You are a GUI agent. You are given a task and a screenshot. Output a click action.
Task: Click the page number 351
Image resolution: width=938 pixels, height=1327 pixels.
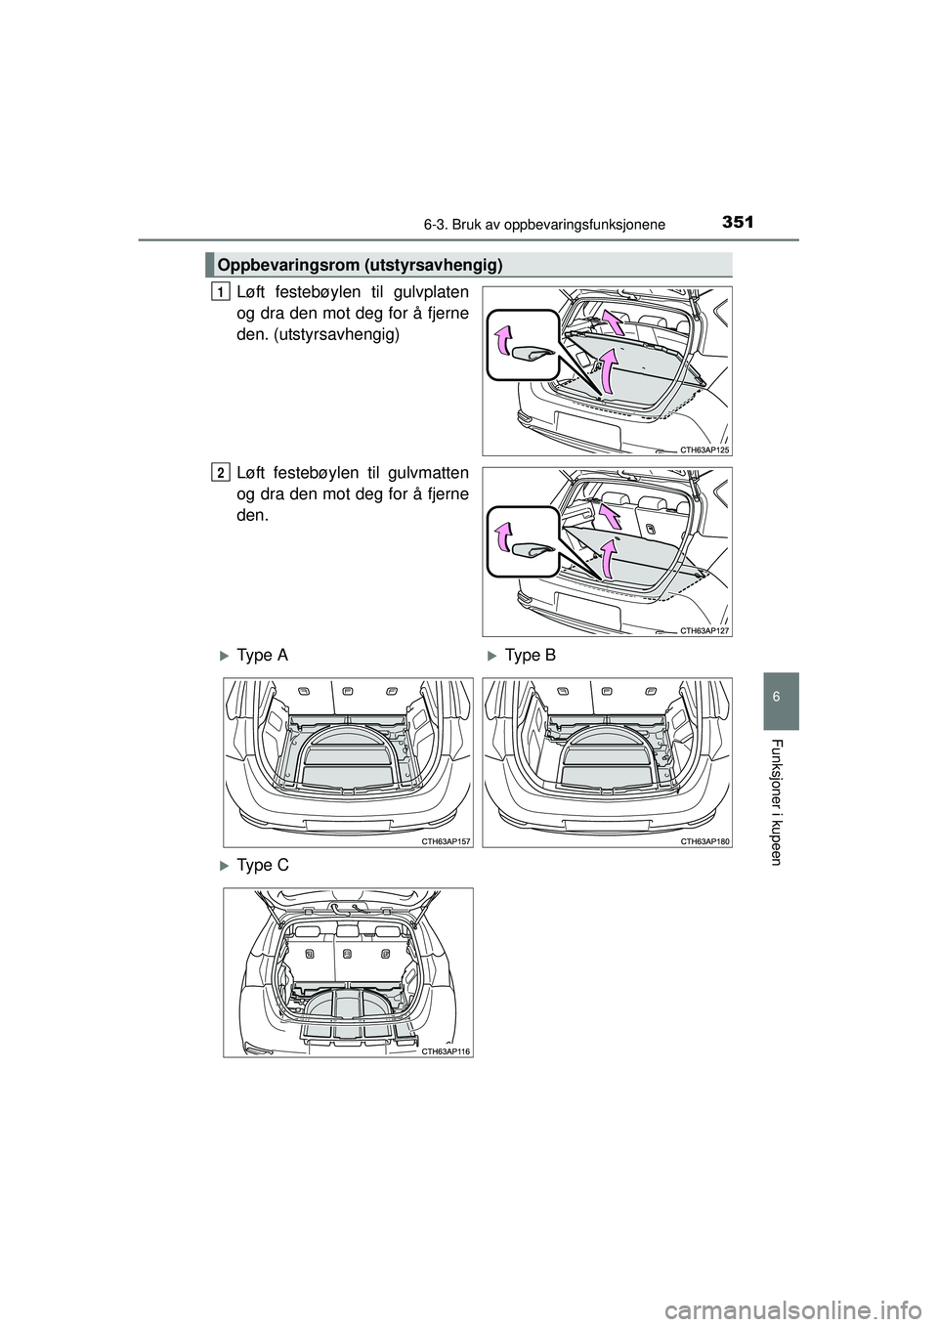(738, 223)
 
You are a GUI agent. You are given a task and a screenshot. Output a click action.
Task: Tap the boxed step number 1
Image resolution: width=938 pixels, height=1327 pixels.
(220, 291)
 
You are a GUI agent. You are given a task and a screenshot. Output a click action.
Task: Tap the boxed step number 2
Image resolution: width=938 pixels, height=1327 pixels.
(220, 472)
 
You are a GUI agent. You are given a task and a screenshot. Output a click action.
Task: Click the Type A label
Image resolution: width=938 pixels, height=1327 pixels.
(262, 656)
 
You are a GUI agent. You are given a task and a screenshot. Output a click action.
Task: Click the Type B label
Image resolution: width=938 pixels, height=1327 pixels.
(531, 656)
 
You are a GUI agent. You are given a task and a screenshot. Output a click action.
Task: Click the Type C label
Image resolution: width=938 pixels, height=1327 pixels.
(262, 866)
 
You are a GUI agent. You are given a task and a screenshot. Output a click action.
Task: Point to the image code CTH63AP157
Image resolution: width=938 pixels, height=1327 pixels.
(446, 841)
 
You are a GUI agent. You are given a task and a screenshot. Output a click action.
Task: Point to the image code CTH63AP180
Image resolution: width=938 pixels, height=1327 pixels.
(704, 841)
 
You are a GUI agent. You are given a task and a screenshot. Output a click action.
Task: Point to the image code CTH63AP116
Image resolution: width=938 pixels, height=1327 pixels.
(446, 1051)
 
